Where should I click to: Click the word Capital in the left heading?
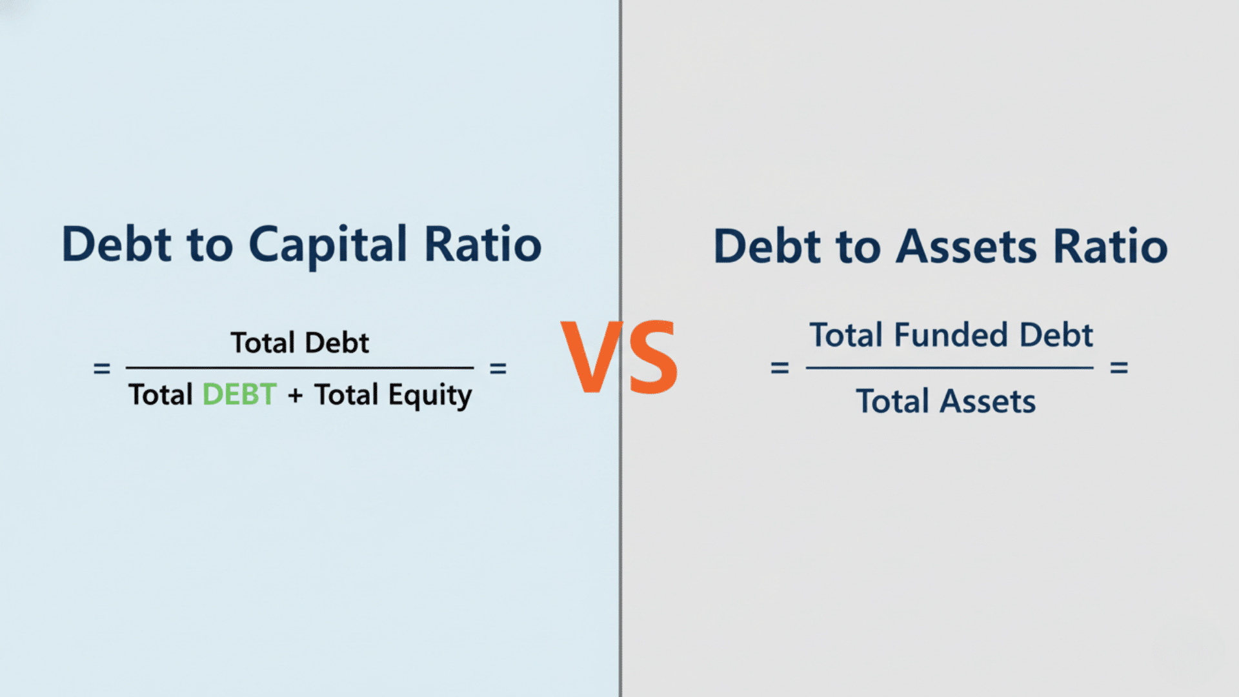(x=328, y=245)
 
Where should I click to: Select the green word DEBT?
(x=239, y=394)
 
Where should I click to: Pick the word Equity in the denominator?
(x=430, y=396)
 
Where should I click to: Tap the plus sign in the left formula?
(x=296, y=396)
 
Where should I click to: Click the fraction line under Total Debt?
(x=299, y=368)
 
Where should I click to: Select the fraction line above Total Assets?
(x=949, y=368)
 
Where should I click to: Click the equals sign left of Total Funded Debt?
(x=780, y=368)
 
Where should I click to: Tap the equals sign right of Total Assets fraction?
(x=1118, y=368)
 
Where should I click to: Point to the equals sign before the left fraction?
(x=102, y=369)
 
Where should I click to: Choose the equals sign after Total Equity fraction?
(x=498, y=369)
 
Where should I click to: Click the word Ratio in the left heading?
(x=483, y=245)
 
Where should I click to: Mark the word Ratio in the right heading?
(x=1110, y=247)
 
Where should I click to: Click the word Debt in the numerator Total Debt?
(x=336, y=343)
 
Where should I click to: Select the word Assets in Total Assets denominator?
(x=987, y=401)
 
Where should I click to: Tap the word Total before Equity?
(x=346, y=394)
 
